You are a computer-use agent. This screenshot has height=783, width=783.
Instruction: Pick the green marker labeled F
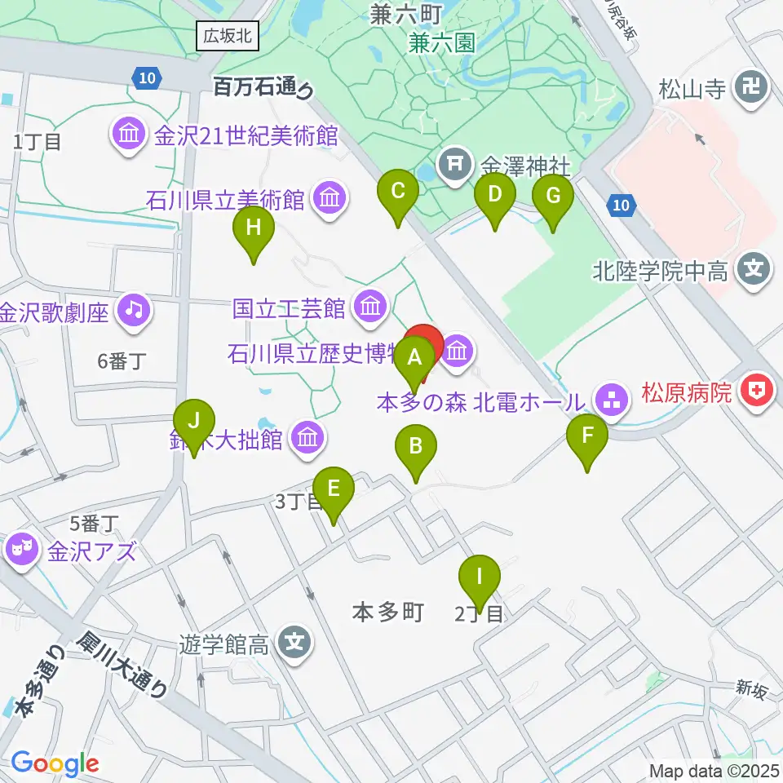[x=588, y=437]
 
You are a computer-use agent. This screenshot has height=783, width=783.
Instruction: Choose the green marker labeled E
[x=334, y=490]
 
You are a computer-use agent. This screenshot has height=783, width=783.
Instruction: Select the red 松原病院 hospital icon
[x=756, y=393]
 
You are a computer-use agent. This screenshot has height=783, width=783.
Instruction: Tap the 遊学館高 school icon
[x=294, y=644]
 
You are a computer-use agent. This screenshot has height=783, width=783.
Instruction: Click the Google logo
[x=55, y=764]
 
